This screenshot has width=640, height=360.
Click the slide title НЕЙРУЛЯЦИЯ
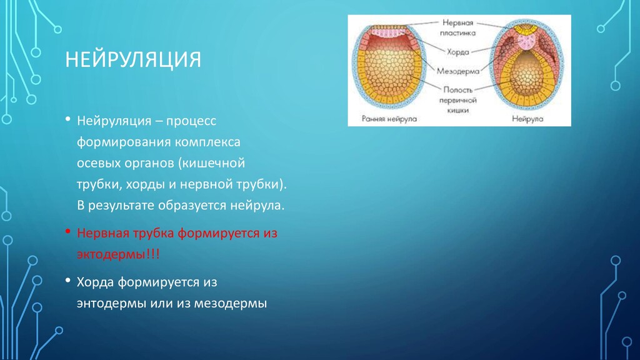click(x=133, y=59)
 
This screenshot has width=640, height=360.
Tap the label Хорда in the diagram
click(x=457, y=52)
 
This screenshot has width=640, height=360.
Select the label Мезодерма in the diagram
click(x=458, y=71)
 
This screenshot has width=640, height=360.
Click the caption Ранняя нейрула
click(x=389, y=119)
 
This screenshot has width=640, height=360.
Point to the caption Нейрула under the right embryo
click(x=527, y=119)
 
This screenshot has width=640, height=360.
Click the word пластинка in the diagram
click(x=457, y=33)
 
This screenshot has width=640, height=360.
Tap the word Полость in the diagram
click(x=458, y=90)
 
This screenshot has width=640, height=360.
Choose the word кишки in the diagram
click(x=457, y=110)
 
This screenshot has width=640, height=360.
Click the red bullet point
click(x=67, y=232)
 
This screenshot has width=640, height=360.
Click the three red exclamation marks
click(x=152, y=254)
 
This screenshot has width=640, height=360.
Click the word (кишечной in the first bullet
click(x=211, y=163)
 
